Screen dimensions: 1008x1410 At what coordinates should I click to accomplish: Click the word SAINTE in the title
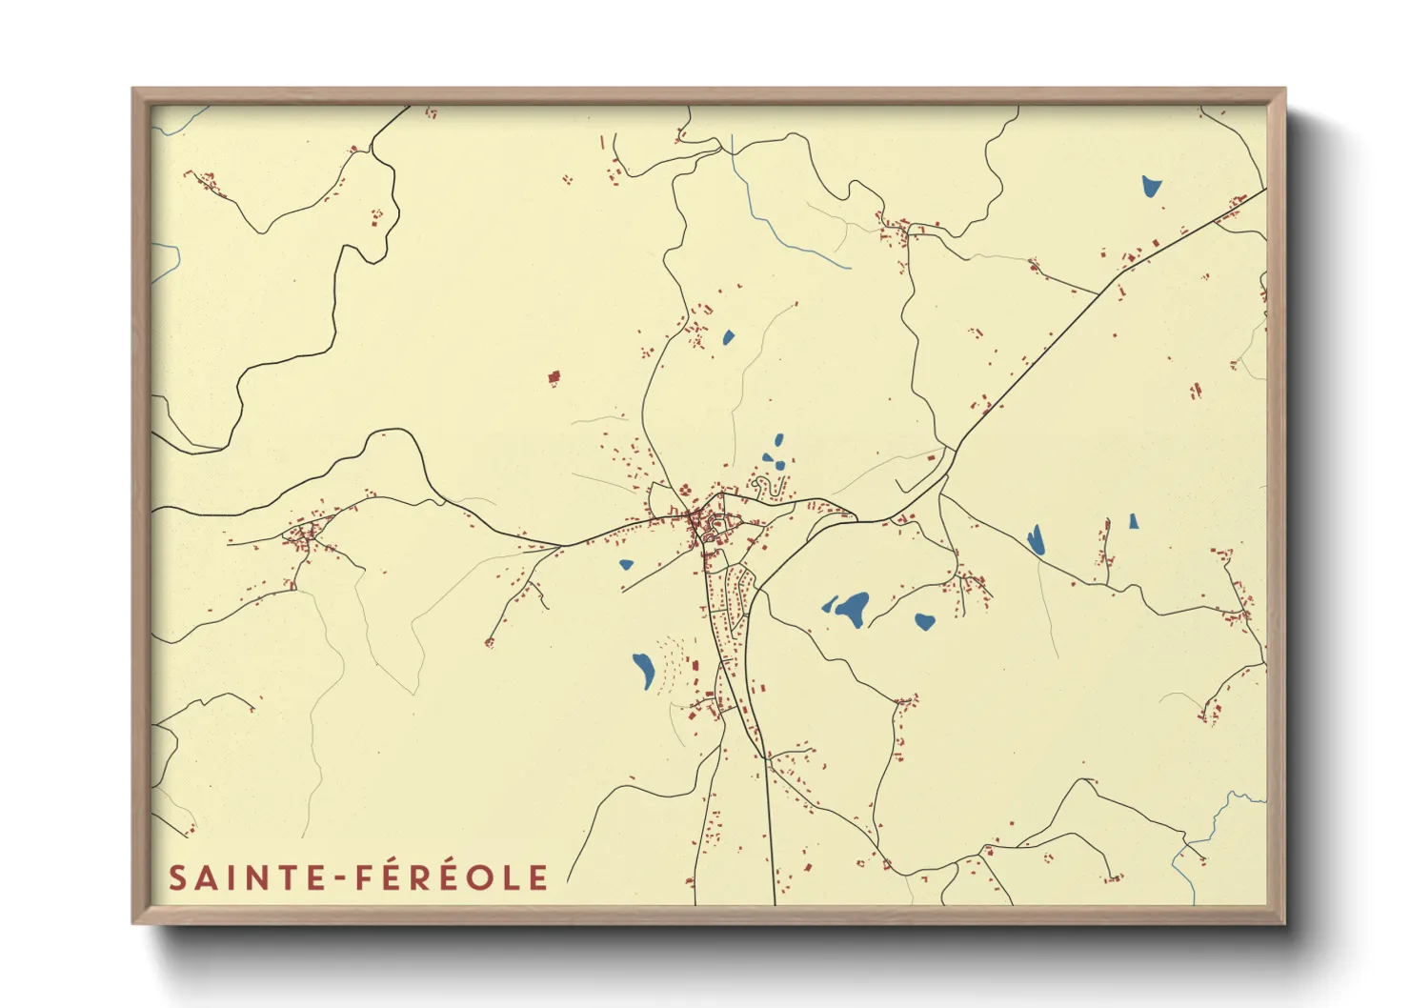pyautogui.click(x=245, y=877)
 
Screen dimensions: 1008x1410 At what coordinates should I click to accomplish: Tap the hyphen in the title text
pyautogui.click(x=335, y=878)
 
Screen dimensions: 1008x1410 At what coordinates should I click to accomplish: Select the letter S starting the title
pyautogui.click(x=176, y=877)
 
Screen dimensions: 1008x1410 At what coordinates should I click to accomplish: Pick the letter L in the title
pyautogui.click(x=512, y=877)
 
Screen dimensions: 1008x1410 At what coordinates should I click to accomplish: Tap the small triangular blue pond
pyautogui.click(x=1134, y=521)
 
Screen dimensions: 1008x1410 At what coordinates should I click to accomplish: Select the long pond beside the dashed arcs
pyautogui.click(x=643, y=670)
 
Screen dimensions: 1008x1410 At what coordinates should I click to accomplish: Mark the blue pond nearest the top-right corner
pyautogui.click(x=1152, y=186)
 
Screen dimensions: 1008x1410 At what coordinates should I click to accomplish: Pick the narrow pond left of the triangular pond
pyautogui.click(x=1036, y=540)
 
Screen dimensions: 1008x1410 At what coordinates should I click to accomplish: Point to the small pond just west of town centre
pyautogui.click(x=626, y=564)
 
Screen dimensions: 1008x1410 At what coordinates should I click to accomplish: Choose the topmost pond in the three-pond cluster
pyautogui.click(x=778, y=440)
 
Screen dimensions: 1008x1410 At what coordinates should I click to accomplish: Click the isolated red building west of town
pyautogui.click(x=554, y=378)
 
